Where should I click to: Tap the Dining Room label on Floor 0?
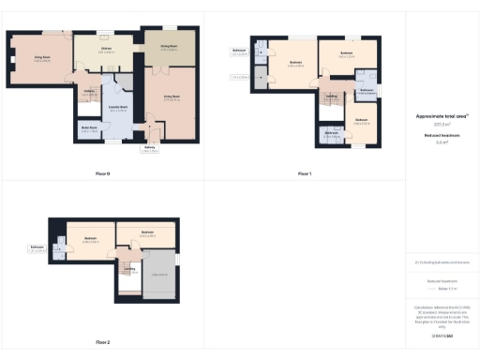pyautogui.click(x=169, y=46)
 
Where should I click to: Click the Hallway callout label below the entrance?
pyautogui.click(x=149, y=148)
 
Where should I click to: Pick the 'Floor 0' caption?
pyautogui.click(x=103, y=174)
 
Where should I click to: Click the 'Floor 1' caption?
pyautogui.click(x=305, y=174)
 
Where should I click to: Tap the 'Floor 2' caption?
pyautogui.click(x=103, y=343)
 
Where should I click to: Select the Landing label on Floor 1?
pyautogui.click(x=332, y=96)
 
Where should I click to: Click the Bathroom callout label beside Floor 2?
pyautogui.click(x=37, y=249)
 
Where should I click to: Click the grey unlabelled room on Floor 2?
pyautogui.click(x=159, y=274)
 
